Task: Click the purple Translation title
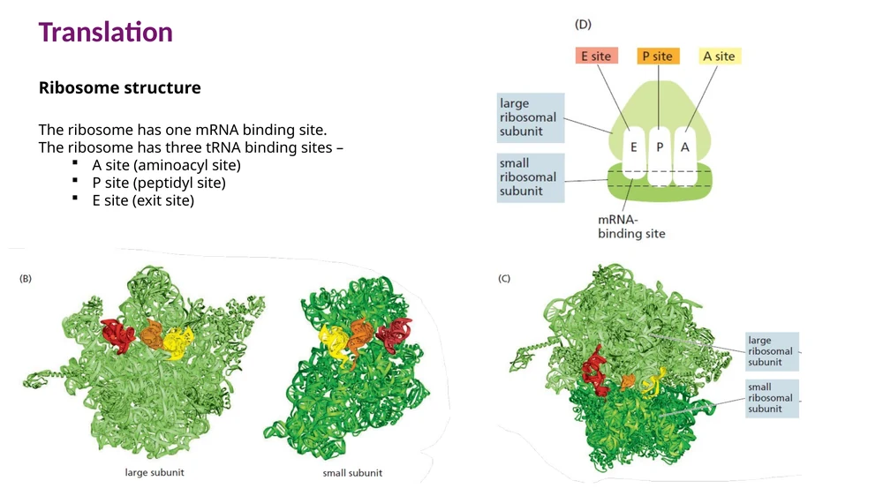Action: (x=105, y=32)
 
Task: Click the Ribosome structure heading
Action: (x=119, y=88)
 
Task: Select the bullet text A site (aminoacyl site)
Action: (x=166, y=165)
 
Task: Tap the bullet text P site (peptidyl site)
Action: (x=159, y=183)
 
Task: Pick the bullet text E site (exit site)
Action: (x=143, y=200)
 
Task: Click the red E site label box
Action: (x=596, y=56)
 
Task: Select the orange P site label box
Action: (x=658, y=56)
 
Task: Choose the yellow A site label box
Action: (x=719, y=56)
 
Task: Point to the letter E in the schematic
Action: (x=633, y=147)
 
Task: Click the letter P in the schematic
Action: (x=660, y=147)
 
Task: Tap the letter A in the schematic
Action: (x=685, y=147)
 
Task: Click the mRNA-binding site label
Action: (x=631, y=227)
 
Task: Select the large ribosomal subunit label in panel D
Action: (x=531, y=117)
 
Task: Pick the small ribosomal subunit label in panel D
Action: (x=531, y=177)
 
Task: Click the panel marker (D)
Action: (x=583, y=24)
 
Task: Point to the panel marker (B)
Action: (x=26, y=279)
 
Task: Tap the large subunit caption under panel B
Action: (x=155, y=472)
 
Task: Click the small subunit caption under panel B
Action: (x=352, y=473)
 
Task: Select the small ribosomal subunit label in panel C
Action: (x=772, y=397)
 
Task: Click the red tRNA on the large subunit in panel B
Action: (x=117, y=334)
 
